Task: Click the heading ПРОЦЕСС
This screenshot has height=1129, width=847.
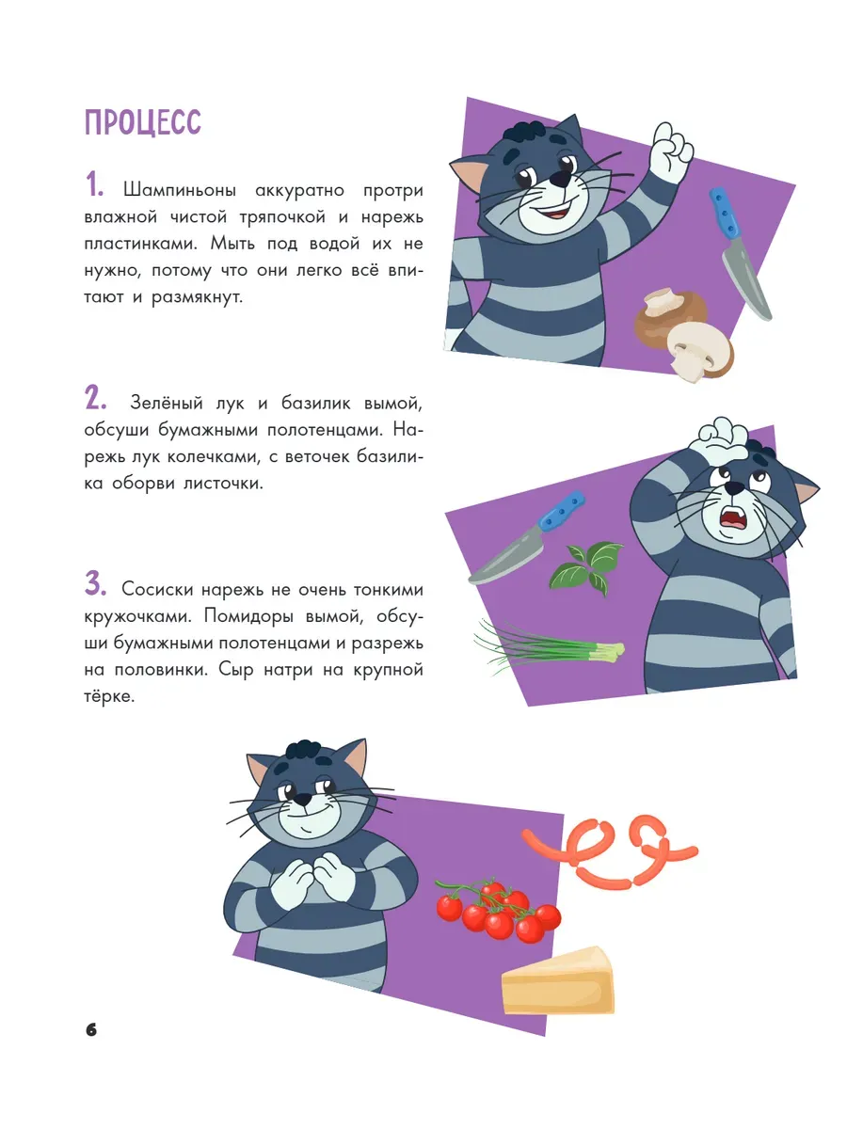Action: point(142,122)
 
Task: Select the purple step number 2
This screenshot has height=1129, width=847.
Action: point(95,398)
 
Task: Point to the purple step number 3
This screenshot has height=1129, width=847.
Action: point(95,584)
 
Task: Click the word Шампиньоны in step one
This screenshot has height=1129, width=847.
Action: point(180,191)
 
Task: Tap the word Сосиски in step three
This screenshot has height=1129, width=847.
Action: point(156,590)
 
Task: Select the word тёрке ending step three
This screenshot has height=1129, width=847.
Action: point(109,696)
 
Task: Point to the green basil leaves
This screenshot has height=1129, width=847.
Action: point(586,567)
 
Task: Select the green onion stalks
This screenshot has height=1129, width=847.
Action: point(550,647)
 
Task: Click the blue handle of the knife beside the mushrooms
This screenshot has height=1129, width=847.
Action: point(725,213)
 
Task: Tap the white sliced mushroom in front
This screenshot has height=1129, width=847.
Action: point(700,351)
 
